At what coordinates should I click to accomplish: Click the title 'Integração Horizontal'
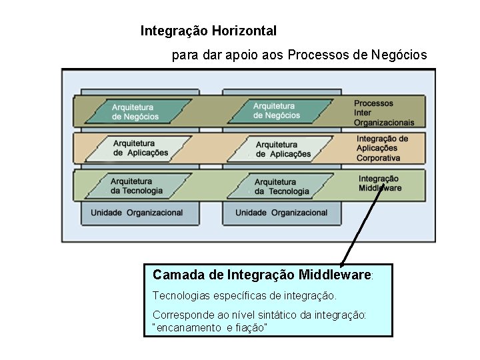pyautogui.click(x=208, y=31)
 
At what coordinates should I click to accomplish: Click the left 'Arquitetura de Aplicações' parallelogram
pyautogui.click(x=140, y=148)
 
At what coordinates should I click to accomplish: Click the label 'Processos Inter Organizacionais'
pyautogui.click(x=383, y=113)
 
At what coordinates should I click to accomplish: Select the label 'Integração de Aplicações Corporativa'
pyautogui.click(x=382, y=149)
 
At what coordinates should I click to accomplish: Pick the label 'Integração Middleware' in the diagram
pyautogui.click(x=379, y=183)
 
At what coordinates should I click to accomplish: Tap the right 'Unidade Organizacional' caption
pyautogui.click(x=281, y=213)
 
